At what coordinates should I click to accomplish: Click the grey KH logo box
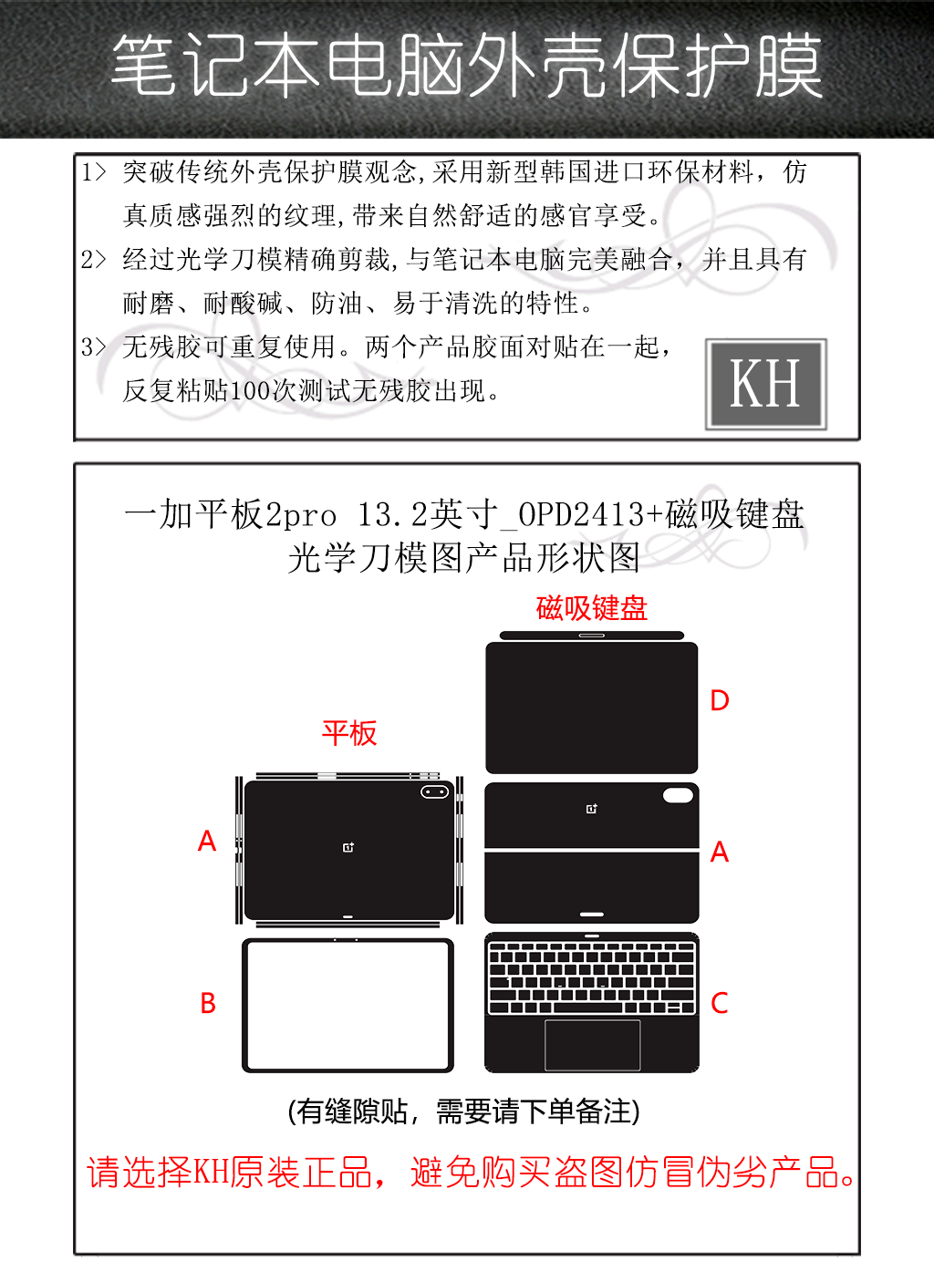(x=765, y=384)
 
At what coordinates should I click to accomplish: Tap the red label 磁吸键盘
(x=592, y=608)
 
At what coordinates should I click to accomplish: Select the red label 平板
(x=349, y=733)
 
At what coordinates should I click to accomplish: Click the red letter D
(x=720, y=700)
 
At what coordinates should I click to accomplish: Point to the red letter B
(x=208, y=1003)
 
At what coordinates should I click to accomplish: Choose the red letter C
(x=720, y=1003)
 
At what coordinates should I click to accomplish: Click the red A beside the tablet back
(x=207, y=841)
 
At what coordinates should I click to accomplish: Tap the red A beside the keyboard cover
(x=720, y=852)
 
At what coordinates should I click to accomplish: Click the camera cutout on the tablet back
(x=435, y=792)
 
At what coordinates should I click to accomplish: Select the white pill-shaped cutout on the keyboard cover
(x=678, y=795)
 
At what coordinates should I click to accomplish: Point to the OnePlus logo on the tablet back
(x=348, y=847)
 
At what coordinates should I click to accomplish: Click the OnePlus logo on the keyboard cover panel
(x=592, y=809)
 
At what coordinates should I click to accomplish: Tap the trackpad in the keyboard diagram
(x=592, y=1045)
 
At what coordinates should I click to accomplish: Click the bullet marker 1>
(x=94, y=172)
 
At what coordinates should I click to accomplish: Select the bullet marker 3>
(x=94, y=346)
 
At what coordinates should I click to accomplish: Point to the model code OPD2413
(x=582, y=514)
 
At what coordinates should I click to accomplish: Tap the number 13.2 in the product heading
(x=393, y=514)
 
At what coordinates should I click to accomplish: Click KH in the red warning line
(x=212, y=1173)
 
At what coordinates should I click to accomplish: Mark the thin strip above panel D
(x=592, y=636)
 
